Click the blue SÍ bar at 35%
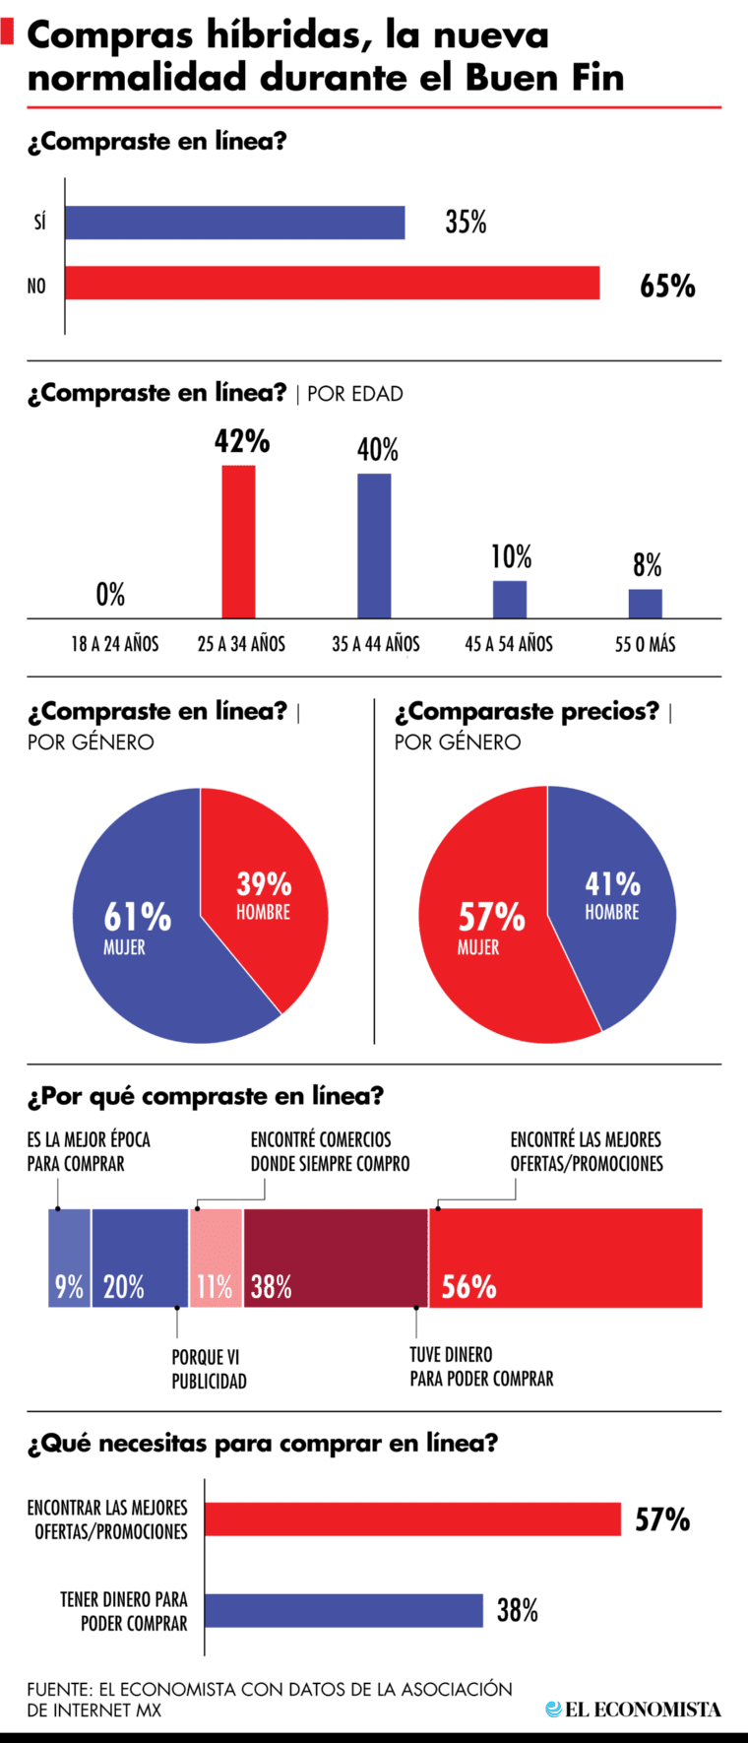[x=235, y=223]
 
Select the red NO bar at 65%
[x=333, y=283]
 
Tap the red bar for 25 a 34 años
[x=238, y=542]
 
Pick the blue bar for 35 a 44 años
[x=374, y=546]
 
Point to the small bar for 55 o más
[x=646, y=603]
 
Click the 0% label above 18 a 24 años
[x=110, y=595]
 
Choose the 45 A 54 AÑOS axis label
[x=509, y=644]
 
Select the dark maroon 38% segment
[x=335, y=1258]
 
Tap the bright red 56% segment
[x=566, y=1258]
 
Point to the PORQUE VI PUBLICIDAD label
[x=209, y=1369]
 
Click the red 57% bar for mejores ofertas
[x=412, y=1519]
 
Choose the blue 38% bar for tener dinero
[x=343, y=1610]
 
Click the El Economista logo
[x=634, y=1710]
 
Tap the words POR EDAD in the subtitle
[x=355, y=394]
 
